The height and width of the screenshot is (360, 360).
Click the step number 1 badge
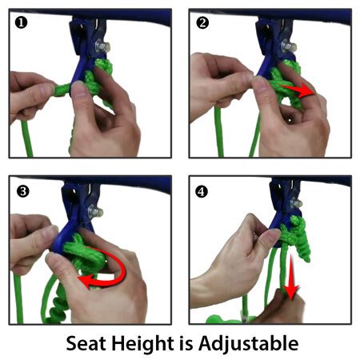21,23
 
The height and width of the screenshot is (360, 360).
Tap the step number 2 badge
202,23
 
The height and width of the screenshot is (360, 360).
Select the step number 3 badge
22,191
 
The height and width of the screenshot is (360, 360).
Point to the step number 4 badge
202,191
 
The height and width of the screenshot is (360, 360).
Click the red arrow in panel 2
298,90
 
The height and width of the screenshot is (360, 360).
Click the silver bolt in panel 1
102,46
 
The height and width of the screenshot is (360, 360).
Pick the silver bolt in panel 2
289,47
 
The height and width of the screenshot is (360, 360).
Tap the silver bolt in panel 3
95,212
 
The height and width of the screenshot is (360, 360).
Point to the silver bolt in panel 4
296,203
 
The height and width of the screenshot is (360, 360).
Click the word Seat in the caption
86,343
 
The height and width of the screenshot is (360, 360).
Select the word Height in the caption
142,344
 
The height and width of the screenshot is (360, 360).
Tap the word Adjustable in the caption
248,343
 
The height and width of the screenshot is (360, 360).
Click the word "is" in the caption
186,343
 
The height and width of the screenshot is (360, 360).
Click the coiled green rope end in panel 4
303,246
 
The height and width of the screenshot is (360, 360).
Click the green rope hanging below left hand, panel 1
26,138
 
